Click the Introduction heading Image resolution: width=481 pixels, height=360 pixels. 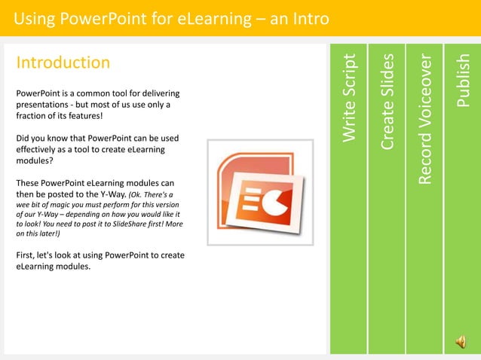pos(63,63)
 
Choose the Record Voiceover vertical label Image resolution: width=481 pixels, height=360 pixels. pos(426,118)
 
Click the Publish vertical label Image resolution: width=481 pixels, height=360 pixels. pos(464,80)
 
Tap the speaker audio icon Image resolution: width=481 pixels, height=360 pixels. pos(460,343)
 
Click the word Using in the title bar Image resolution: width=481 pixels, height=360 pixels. pos(35,17)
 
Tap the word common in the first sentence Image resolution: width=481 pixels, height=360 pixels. pos(90,93)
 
